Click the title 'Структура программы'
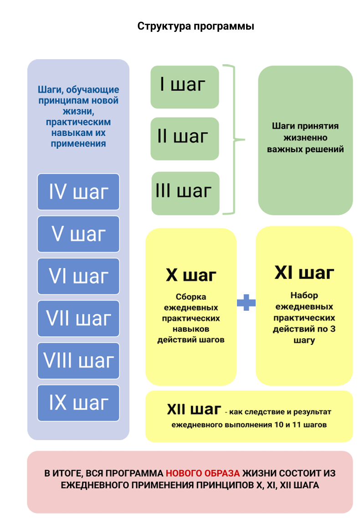195,26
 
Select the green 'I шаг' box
185,87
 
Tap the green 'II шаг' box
185,138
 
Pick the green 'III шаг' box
185,192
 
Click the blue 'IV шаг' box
78,192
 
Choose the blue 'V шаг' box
78,234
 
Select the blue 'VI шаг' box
78,276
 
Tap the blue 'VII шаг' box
78,318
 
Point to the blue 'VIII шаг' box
78,360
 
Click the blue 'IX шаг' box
78,403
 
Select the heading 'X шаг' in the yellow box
190,276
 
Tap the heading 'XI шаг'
304,273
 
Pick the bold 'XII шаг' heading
194,409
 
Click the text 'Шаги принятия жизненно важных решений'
305,137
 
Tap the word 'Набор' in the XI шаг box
304,295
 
